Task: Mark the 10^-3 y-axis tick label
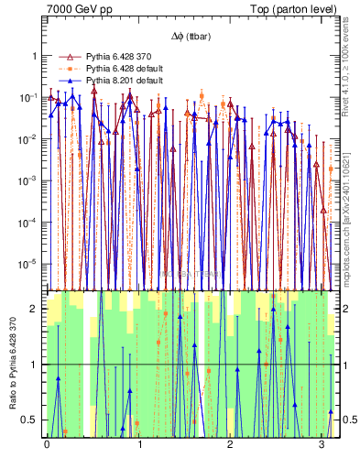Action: [30, 180]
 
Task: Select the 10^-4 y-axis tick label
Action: [30, 223]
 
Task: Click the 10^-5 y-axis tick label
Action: [30, 264]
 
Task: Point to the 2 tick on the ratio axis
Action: [36, 309]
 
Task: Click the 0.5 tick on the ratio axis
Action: [33, 420]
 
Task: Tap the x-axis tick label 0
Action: [47, 444]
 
